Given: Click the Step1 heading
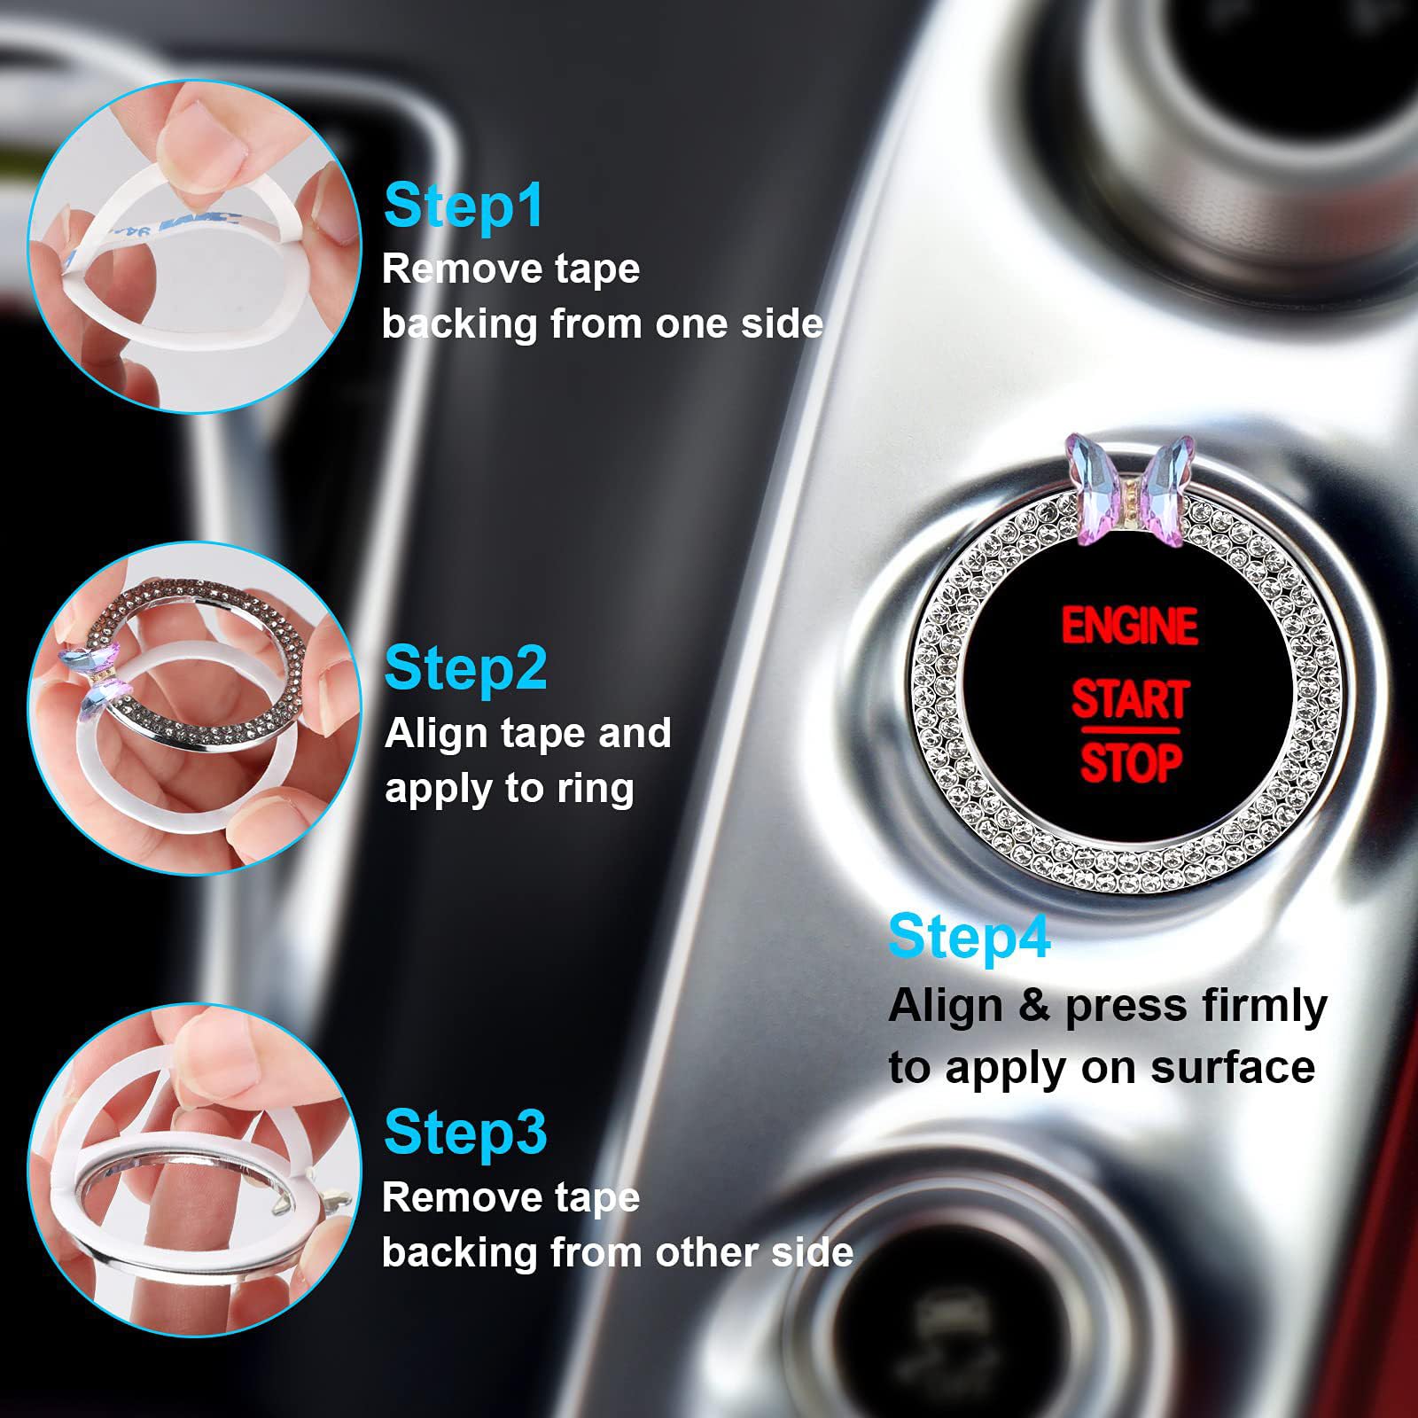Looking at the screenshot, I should coord(464,206).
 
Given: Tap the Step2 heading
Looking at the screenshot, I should coord(465,668).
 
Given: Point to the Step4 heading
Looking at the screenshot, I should coord(969,936).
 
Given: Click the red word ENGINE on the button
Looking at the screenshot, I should coord(1129,626).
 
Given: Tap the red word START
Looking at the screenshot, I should coord(1130,699).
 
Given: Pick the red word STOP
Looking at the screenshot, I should coord(1131,764).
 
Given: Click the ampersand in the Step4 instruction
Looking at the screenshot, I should coord(1034,1006).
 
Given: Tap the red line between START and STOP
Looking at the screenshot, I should coord(1130,731).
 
